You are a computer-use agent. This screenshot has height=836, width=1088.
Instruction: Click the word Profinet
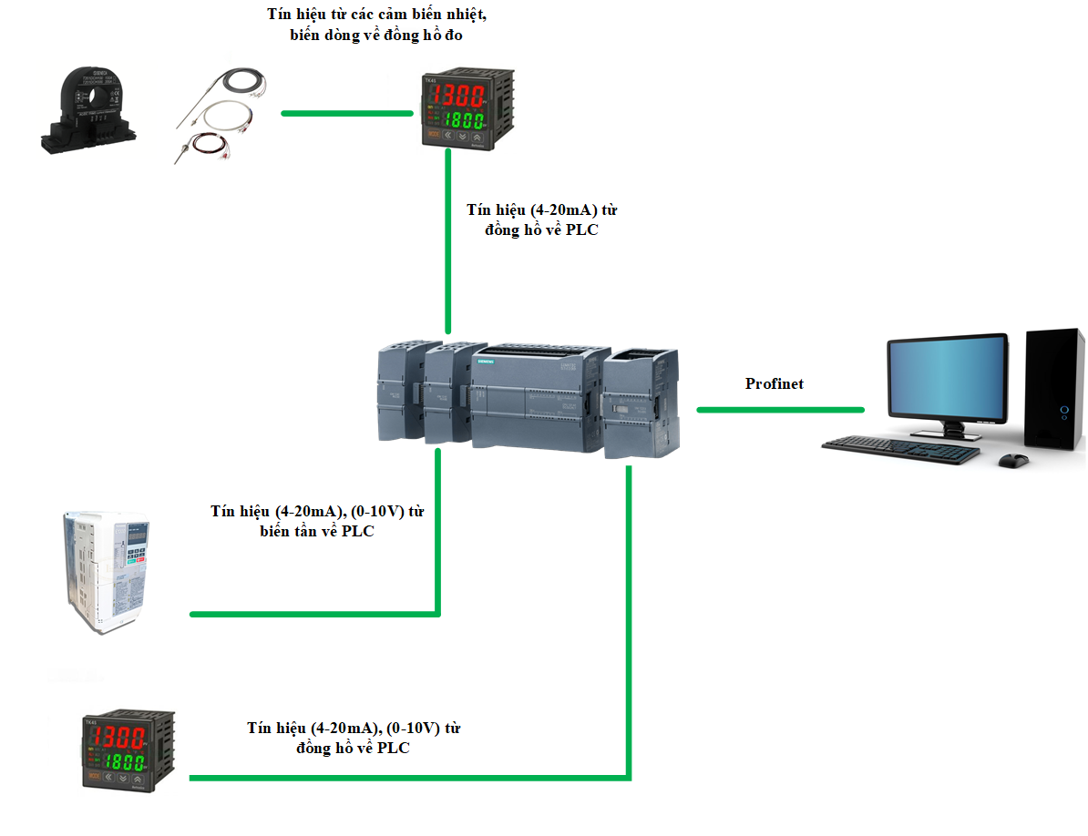pos(775,383)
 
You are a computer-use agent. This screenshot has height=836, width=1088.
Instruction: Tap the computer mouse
pos(1012,460)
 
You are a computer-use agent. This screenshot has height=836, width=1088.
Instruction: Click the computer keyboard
pos(901,449)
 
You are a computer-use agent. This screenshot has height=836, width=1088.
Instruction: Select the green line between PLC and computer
pos(780,410)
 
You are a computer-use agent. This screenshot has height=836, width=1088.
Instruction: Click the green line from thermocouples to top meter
pos(346,114)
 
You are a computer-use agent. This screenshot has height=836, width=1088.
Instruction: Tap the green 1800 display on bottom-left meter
pos(123,761)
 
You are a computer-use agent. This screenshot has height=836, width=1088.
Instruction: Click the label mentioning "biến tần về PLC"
pos(317,521)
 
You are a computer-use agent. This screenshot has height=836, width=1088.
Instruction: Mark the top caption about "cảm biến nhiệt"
pos(383,25)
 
